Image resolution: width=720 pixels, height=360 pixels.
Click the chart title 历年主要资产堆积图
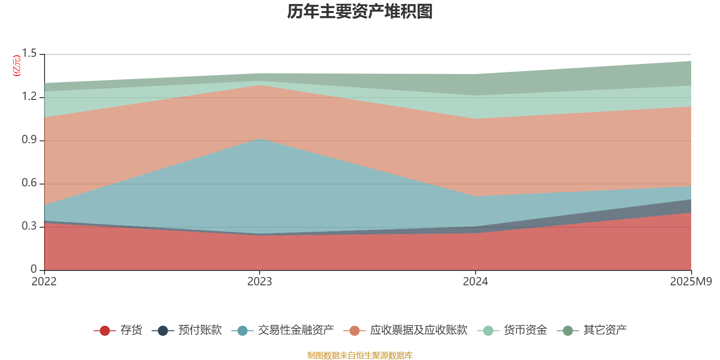coord(360,12)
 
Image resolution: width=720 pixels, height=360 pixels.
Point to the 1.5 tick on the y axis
coord(30,54)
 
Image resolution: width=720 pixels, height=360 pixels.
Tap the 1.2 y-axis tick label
coord(30,97)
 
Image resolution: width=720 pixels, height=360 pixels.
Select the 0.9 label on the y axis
coord(30,140)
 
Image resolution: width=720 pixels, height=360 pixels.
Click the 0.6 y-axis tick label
coord(30,183)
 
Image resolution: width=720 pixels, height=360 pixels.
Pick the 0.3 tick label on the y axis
coord(30,226)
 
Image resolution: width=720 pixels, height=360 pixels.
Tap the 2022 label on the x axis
coord(44,282)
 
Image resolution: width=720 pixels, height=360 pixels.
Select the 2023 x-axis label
coord(260,282)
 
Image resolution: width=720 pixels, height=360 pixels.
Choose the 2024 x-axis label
coord(475,282)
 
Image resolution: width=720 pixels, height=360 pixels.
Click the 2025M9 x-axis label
coord(691,282)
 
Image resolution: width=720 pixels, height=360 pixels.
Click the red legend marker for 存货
coord(104,331)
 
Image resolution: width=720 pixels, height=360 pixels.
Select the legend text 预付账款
coord(200,330)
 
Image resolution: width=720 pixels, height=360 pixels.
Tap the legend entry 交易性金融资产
coord(296,330)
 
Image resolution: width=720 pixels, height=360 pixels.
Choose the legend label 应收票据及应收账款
coord(418,330)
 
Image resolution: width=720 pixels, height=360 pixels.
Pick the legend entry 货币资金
coord(525,330)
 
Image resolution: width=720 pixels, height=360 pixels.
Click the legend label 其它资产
coord(605,330)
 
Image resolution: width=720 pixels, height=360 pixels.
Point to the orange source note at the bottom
coord(360,355)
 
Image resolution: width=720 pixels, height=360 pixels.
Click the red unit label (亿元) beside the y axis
coord(17,66)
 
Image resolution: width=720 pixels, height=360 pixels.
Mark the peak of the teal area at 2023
coord(260,139)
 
